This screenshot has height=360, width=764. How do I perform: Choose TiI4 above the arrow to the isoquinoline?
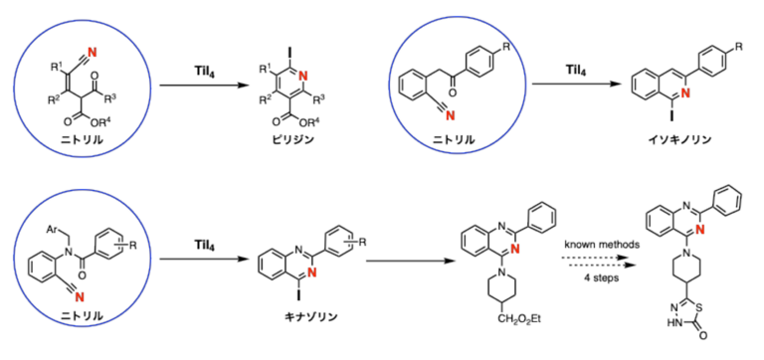coord(575,70)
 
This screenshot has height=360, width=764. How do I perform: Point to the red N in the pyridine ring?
coord(303,75)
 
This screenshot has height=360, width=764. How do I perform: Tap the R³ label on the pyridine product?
coord(319,101)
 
